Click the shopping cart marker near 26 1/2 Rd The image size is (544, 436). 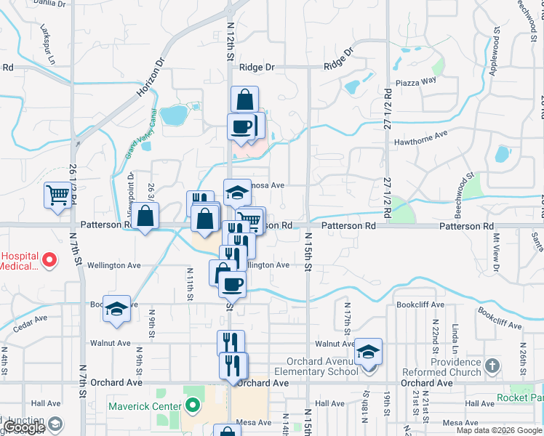(57, 195)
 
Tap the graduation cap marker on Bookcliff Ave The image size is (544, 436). (116, 308)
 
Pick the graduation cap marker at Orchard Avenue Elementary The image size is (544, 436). (369, 352)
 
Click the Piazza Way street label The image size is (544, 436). (416, 81)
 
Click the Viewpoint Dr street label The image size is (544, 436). (132, 196)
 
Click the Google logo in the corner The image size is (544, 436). (23, 427)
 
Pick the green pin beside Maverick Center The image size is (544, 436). (193, 405)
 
